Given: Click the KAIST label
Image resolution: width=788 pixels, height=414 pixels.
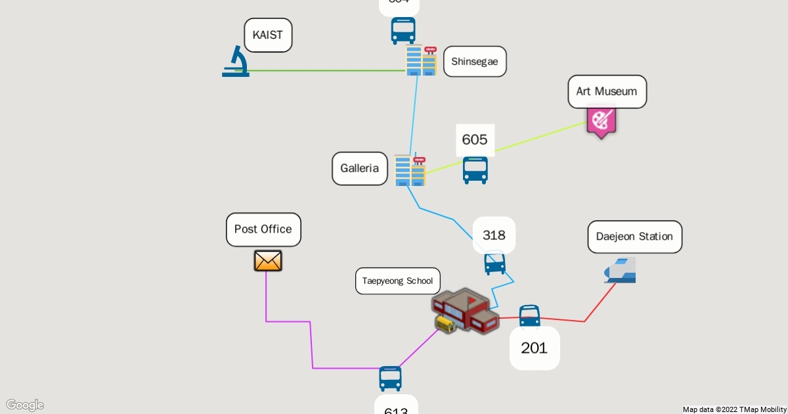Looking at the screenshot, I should (x=268, y=35).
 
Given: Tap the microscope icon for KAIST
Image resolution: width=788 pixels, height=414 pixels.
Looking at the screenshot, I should (x=236, y=61).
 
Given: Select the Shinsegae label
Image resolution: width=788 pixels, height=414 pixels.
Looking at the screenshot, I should (x=475, y=62).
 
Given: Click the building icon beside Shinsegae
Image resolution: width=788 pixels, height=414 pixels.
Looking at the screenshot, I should (x=421, y=60).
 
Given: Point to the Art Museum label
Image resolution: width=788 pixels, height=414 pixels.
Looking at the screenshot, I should (x=607, y=91).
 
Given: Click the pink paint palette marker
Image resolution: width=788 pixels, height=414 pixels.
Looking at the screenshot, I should (x=601, y=122).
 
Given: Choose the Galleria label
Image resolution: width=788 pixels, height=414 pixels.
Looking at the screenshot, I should (x=359, y=168).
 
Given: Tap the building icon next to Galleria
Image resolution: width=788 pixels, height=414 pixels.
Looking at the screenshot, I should (x=410, y=170).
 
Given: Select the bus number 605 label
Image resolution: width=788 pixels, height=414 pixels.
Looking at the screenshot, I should (x=475, y=139).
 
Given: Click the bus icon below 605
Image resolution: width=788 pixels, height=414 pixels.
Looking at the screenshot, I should (x=475, y=170).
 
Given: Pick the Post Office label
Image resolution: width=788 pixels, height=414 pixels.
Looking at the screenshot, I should (x=263, y=229).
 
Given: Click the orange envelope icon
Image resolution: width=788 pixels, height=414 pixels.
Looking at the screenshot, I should (x=268, y=261).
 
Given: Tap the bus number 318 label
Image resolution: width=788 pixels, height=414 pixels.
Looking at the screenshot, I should (x=494, y=235).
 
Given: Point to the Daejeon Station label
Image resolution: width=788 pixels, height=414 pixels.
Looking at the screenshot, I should (x=634, y=237).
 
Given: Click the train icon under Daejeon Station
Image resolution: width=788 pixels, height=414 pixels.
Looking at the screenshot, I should (x=621, y=270).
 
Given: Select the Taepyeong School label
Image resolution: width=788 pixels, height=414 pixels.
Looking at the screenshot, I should (x=397, y=281).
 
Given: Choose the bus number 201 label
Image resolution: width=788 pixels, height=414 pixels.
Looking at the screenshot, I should (x=534, y=348).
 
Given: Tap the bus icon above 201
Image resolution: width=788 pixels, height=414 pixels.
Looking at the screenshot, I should (x=529, y=315).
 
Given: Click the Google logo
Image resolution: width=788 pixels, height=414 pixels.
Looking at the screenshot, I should (x=24, y=405).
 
